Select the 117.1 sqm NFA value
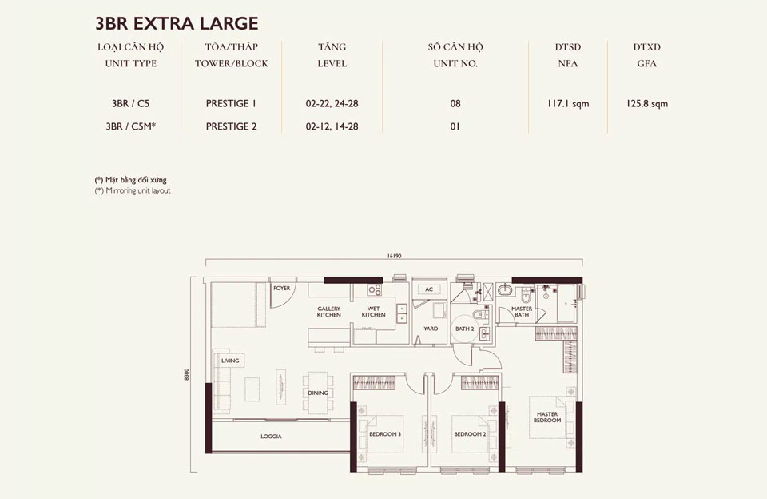[568, 104]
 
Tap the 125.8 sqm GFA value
[647, 104]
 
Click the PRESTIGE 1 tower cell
[231, 104]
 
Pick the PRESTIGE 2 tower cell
[231, 126]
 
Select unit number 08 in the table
[455, 104]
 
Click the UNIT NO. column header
[455, 63]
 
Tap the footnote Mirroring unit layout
[133, 191]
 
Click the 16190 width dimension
[393, 256]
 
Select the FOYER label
[281, 287]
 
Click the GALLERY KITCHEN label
[329, 312]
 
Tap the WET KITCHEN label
[373, 312]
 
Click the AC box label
[429, 289]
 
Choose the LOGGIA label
[272, 437]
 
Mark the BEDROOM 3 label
[385, 434]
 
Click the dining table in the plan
[318, 382]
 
